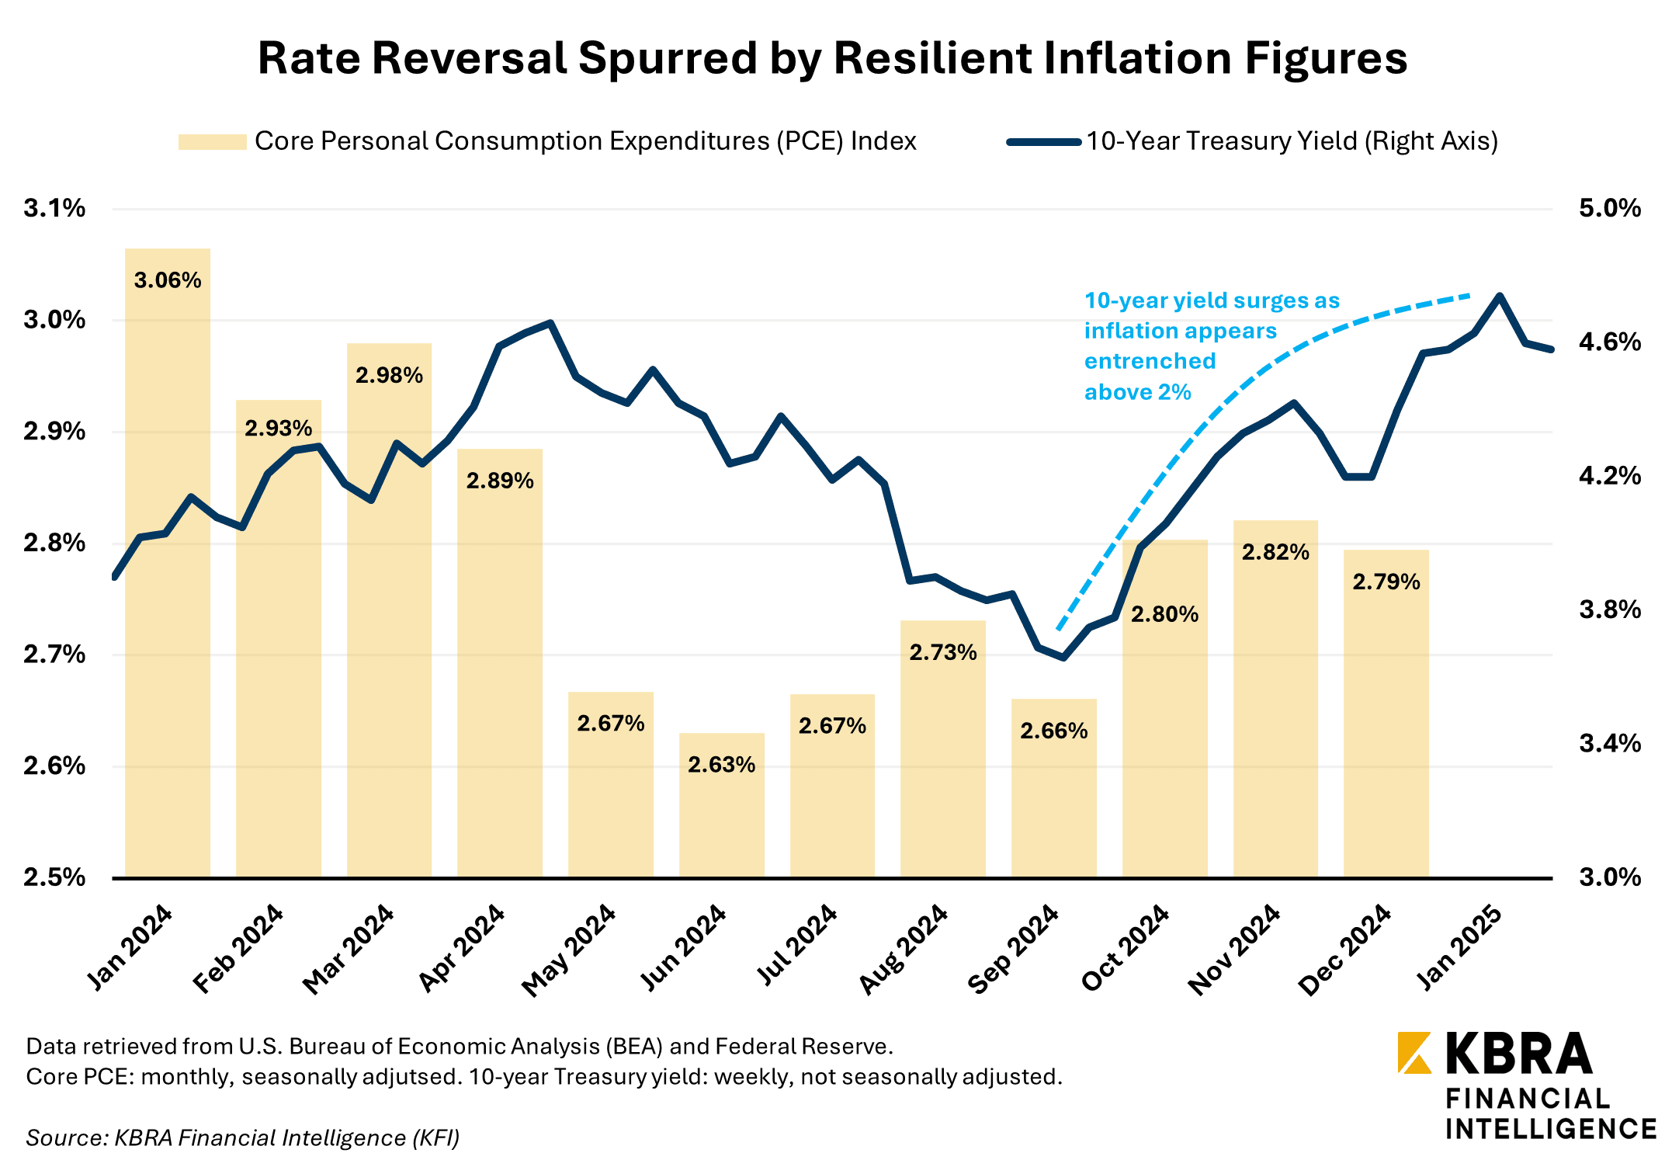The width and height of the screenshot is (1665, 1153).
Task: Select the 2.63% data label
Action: pos(721,766)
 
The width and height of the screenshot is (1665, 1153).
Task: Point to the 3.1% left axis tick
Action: pos(54,208)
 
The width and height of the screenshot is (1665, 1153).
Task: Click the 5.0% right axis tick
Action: pos(1610,208)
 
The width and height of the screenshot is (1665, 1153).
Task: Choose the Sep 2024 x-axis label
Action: pos(1014,949)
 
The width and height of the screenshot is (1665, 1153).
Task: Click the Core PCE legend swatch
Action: pos(212,142)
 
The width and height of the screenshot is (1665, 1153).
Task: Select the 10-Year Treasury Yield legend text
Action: pos(1292,141)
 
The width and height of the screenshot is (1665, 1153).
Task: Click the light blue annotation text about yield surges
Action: pos(1211,346)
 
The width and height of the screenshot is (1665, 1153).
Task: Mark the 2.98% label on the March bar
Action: pos(389,376)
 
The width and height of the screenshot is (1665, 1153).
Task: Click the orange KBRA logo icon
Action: pos(1414,1053)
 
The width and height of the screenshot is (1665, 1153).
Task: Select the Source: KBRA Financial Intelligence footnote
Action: pos(243,1137)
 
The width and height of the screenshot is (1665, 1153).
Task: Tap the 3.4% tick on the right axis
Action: pos(1610,744)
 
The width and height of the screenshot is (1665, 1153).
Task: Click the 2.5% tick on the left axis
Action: pos(54,877)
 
